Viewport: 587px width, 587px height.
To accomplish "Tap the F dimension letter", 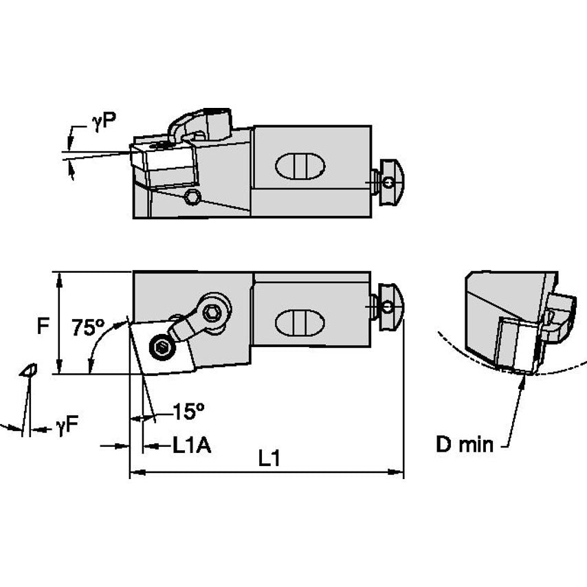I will click(43, 325).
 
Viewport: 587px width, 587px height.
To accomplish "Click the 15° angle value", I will click(188, 412).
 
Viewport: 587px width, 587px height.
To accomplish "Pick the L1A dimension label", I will click(191, 446).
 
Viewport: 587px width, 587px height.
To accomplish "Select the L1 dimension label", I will click(269, 458).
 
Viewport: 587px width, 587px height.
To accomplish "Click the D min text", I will click(465, 445).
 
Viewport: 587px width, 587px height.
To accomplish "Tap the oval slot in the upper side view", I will click(299, 167).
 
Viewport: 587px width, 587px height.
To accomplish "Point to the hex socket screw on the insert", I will click(162, 347).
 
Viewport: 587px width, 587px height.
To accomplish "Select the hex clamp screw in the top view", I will click(214, 312).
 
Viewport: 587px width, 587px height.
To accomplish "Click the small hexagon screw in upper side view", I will click(193, 198).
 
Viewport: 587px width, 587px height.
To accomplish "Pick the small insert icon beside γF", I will click(30, 370).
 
